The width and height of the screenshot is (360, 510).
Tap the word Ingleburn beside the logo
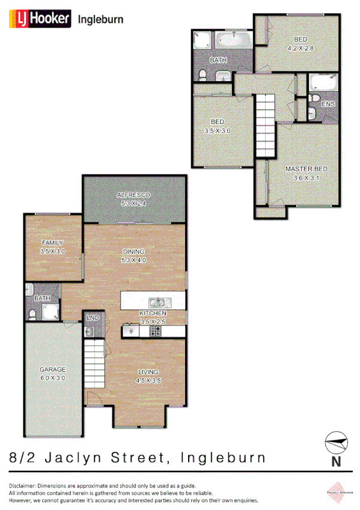pyautogui.click(x=101, y=19)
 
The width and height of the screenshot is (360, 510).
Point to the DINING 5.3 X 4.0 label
pyautogui.click(x=134, y=256)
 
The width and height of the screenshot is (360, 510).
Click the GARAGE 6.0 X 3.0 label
pyautogui.click(x=53, y=373)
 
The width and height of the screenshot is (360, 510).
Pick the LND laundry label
pyautogui.click(x=93, y=317)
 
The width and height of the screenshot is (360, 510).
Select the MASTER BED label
pyautogui.click(x=307, y=173)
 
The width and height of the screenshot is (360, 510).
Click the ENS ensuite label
pyautogui.click(x=328, y=104)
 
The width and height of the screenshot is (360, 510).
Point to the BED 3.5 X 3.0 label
pyautogui.click(x=217, y=126)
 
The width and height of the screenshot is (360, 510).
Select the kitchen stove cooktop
pyautogui.click(x=155, y=330)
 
